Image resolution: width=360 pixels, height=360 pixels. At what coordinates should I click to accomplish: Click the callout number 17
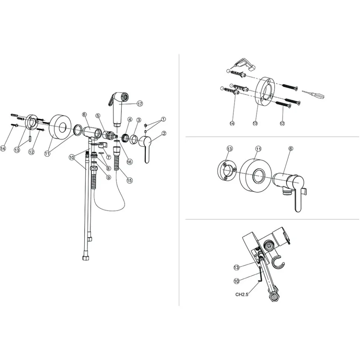pyautogui.click(x=140, y=104)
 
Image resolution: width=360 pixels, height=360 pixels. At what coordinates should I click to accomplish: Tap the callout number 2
pyautogui.click(x=164, y=133)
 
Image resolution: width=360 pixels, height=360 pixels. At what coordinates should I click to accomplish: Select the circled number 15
pyautogui.click(x=130, y=180)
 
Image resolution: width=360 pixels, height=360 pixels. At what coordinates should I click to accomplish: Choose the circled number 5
pyautogui.click(x=98, y=116)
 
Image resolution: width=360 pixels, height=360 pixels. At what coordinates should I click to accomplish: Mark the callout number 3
pyautogui.click(x=138, y=120)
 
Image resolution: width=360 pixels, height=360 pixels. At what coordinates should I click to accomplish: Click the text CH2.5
pyautogui.click(x=242, y=294)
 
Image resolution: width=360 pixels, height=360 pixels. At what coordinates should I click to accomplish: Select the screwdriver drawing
pyautogui.click(x=313, y=94)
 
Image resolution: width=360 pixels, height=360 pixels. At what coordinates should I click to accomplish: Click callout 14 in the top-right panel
pyautogui.click(x=232, y=123)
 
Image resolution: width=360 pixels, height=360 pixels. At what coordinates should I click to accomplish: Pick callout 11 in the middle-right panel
pyautogui.click(x=259, y=149)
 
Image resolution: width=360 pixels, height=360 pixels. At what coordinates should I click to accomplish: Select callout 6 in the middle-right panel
pyautogui.click(x=291, y=149)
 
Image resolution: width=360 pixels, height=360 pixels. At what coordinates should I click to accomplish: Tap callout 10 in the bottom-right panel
pyautogui.click(x=236, y=281)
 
